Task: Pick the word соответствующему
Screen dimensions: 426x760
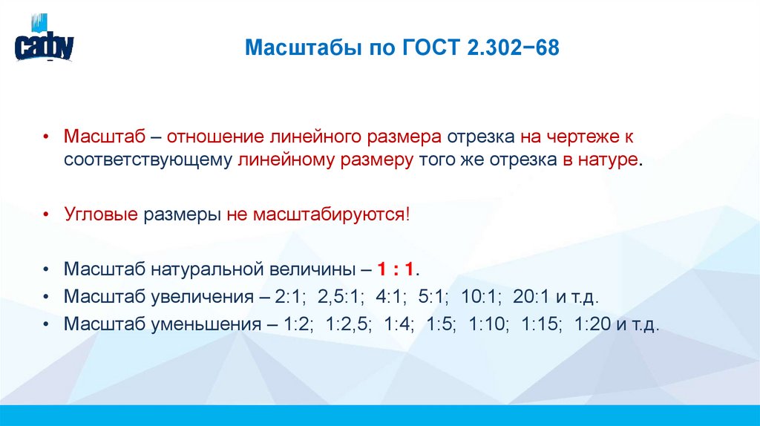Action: tap(148, 160)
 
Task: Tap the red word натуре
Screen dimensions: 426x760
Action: tap(604, 160)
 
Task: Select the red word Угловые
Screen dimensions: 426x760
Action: tap(101, 214)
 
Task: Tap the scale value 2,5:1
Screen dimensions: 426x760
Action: tap(339, 297)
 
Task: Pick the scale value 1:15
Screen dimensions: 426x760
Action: tap(542, 325)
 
